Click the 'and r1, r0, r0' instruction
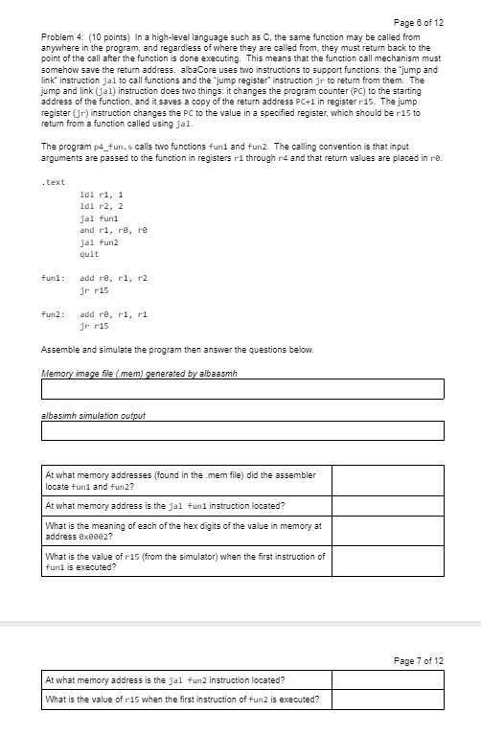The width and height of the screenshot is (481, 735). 114,230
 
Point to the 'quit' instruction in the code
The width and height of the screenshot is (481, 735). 89,255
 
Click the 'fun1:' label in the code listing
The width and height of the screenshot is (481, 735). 54,277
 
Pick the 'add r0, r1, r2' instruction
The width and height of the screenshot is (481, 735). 114,277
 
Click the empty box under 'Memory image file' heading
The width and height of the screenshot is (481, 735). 242,388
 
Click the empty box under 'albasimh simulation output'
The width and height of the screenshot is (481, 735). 242,430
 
